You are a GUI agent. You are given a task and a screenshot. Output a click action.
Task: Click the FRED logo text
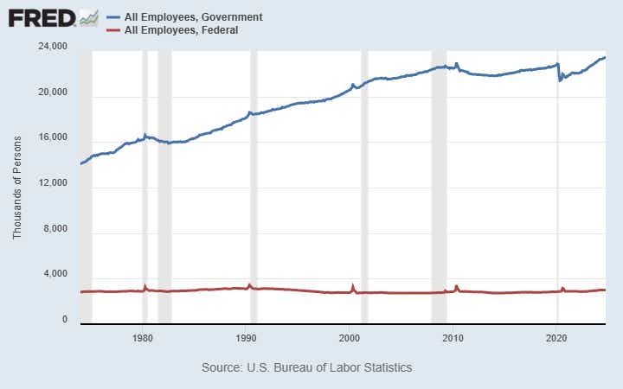(41, 17)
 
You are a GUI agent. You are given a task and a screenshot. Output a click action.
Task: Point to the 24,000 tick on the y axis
(54, 47)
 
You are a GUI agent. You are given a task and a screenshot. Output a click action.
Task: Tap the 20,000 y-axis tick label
(54, 92)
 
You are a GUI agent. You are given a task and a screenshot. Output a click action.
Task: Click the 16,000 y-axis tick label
(54, 138)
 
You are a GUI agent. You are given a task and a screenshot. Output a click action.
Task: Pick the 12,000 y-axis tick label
(54, 184)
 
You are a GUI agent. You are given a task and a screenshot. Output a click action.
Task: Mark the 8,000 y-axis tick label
(56, 230)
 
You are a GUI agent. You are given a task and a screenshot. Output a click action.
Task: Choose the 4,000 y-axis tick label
(56, 275)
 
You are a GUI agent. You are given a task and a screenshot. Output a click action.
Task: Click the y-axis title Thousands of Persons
(17, 184)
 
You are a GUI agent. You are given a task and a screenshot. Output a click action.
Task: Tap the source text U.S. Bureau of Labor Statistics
(307, 367)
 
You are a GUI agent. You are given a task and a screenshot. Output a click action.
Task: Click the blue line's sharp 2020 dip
(560, 80)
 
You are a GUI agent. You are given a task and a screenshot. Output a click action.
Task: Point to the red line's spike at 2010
(457, 286)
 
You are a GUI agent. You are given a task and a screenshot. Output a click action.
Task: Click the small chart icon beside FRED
(88, 17)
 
